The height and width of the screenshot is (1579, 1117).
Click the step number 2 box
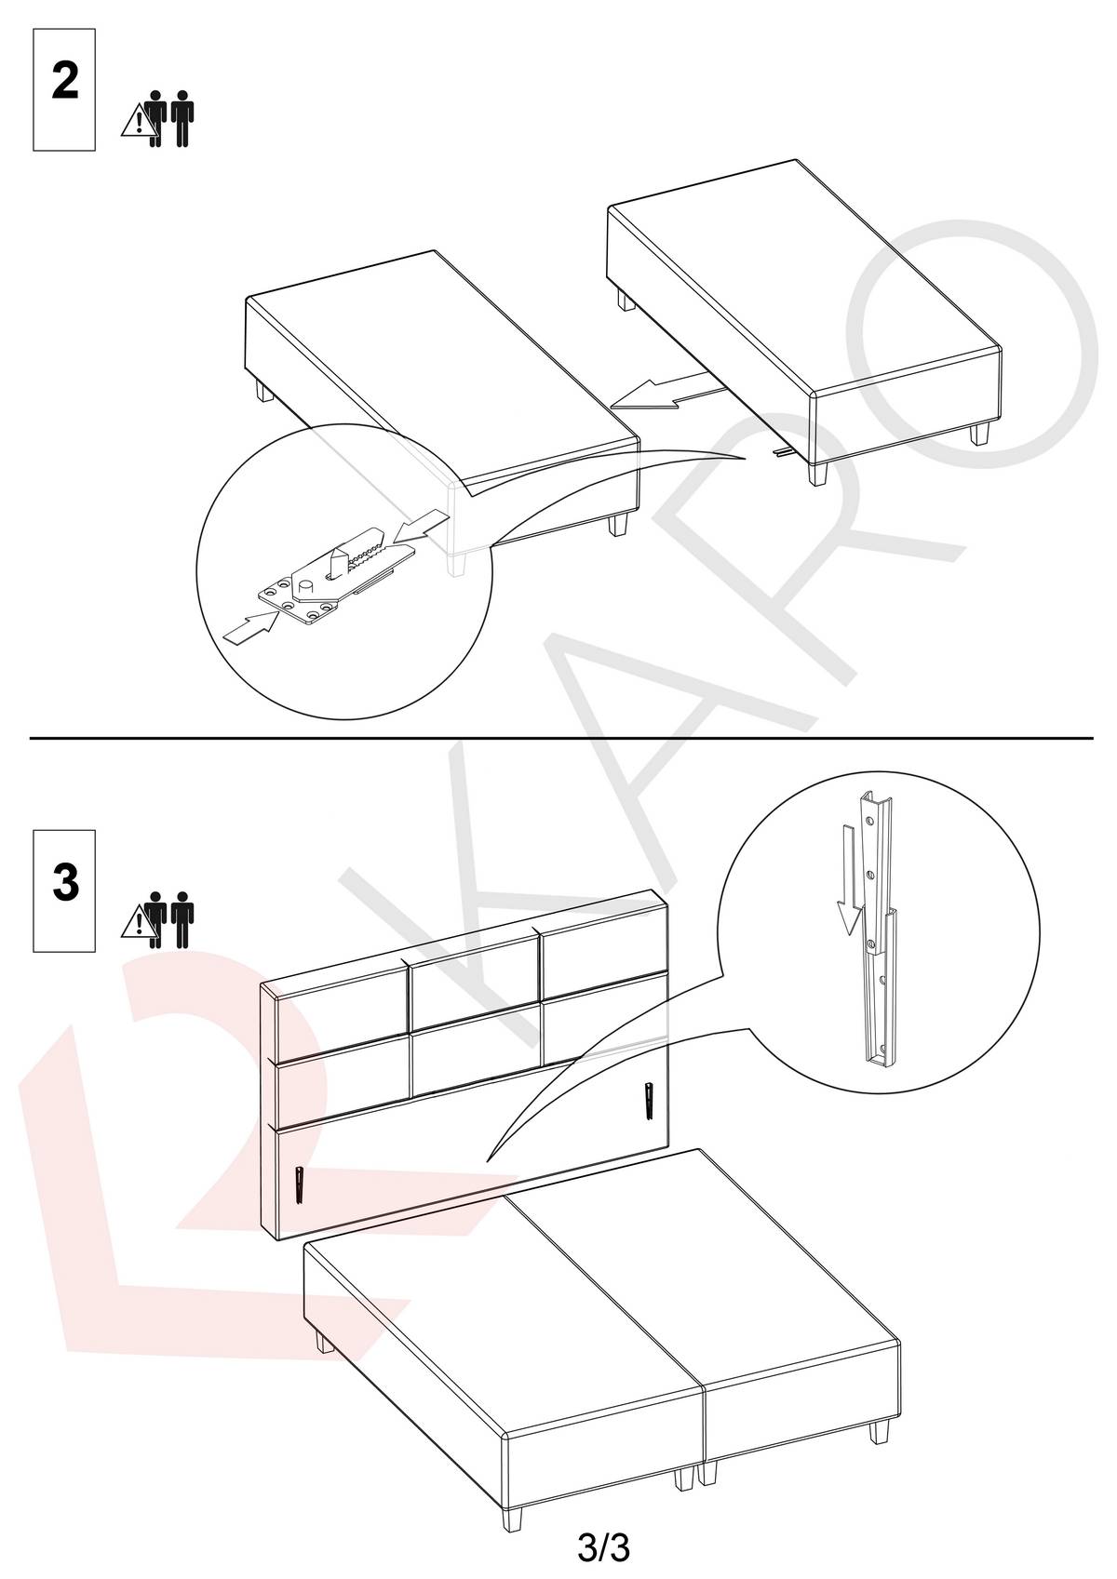click(x=64, y=89)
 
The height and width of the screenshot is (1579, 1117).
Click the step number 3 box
click(x=64, y=891)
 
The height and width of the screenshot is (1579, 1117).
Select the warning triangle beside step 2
click(x=139, y=121)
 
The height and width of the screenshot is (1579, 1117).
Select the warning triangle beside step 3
click(x=139, y=923)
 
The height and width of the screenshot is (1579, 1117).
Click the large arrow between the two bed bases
click(x=667, y=394)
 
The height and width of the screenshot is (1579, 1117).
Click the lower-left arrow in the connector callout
click(x=249, y=626)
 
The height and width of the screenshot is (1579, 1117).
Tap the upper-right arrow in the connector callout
click(x=422, y=528)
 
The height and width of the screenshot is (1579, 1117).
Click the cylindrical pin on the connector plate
click(x=306, y=585)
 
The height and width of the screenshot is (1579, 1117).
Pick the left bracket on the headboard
click(x=301, y=1185)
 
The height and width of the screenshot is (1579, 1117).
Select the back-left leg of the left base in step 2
click(x=264, y=391)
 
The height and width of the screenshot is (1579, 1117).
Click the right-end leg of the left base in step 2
click(x=618, y=525)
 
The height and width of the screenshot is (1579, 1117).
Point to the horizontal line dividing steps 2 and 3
click(x=561, y=738)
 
